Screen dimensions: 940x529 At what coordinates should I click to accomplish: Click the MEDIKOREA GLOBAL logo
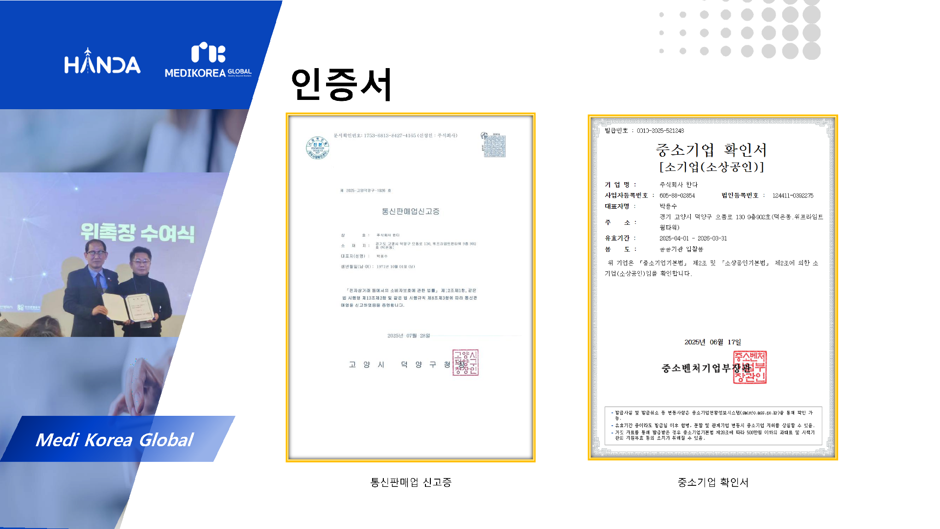tap(208, 61)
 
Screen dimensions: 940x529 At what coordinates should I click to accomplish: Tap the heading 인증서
tap(341, 84)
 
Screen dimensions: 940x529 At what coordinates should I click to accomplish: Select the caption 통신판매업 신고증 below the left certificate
tap(411, 482)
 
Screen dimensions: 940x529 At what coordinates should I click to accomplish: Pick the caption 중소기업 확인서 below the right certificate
tap(713, 482)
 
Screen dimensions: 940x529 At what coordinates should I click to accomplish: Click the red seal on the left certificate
tap(465, 362)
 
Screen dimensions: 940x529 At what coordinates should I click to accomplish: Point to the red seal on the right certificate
tap(750, 367)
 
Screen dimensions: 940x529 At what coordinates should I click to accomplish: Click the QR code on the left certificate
tap(494, 145)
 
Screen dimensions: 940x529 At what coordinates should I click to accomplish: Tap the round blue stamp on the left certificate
tap(317, 147)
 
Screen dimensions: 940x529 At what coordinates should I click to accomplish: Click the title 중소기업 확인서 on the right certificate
tap(711, 150)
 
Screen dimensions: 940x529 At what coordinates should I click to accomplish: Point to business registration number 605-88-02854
tap(677, 195)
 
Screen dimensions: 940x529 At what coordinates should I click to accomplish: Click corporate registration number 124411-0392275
tap(793, 195)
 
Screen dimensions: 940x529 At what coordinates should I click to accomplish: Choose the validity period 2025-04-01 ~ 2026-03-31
tap(693, 239)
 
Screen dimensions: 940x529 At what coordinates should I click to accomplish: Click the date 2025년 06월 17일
tap(712, 342)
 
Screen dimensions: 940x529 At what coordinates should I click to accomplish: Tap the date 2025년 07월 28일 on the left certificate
tap(408, 336)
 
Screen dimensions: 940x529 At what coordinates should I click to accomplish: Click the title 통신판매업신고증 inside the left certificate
tap(410, 211)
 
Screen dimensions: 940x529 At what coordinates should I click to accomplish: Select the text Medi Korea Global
tap(115, 440)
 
